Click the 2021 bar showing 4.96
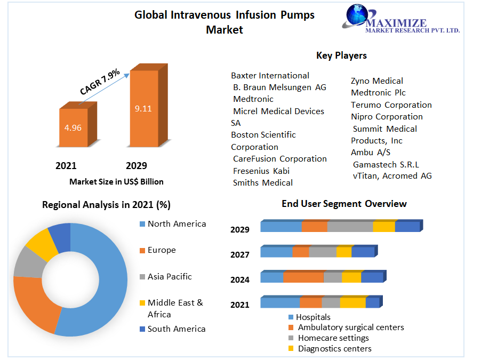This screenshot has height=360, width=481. (73, 127)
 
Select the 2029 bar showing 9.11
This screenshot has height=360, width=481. (143, 108)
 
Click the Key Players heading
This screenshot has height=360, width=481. (341, 55)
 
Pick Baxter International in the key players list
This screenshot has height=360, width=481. (270, 76)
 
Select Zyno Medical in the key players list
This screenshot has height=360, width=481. (376, 81)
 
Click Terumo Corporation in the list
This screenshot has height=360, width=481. (391, 105)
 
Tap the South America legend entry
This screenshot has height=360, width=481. (176, 329)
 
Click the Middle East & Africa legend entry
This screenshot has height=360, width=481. (175, 308)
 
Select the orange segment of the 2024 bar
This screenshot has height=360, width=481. (303, 277)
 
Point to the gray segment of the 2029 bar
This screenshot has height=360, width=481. (350, 226)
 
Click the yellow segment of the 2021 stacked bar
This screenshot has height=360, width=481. (352, 303)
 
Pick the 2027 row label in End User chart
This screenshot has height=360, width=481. (240, 254)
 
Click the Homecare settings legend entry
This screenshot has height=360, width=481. (333, 338)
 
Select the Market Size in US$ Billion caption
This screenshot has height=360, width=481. (116, 182)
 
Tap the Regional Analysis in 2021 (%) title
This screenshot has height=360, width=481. (106, 205)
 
